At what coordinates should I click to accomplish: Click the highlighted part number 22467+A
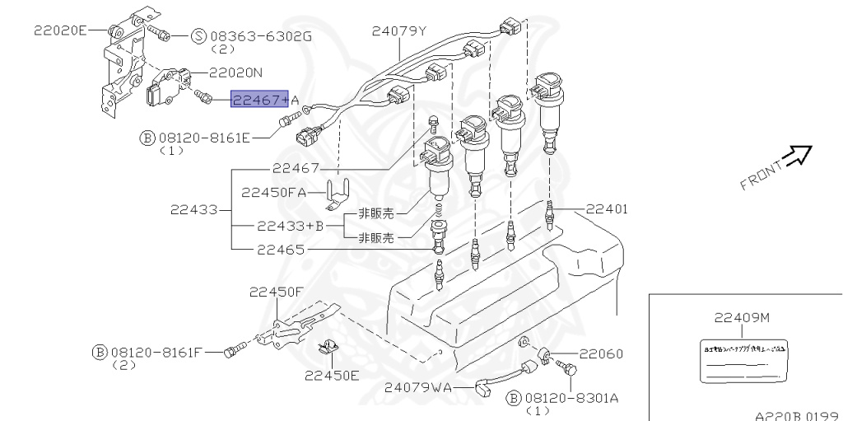(x=259, y=100)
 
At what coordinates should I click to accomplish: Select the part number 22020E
(x=60, y=30)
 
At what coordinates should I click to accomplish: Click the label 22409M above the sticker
(x=742, y=318)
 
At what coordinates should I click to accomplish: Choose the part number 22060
(x=600, y=353)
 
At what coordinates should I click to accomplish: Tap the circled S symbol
(x=199, y=36)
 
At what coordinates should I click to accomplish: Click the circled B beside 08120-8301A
(x=514, y=398)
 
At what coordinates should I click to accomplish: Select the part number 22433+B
(x=291, y=226)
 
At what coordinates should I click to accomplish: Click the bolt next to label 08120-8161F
(x=234, y=350)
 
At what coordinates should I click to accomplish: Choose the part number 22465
(x=280, y=249)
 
